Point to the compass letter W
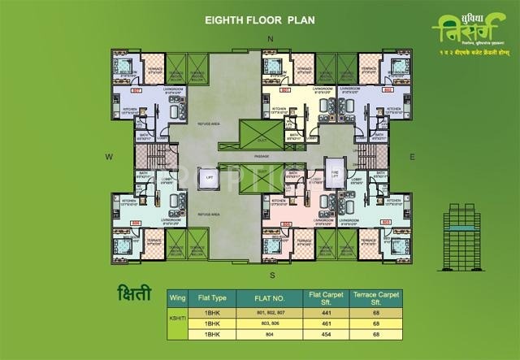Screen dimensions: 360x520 click(107, 154)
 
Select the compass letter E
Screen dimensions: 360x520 click(412, 154)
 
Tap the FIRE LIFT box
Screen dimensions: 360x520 click(331, 166)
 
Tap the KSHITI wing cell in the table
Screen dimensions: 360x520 click(183, 323)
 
